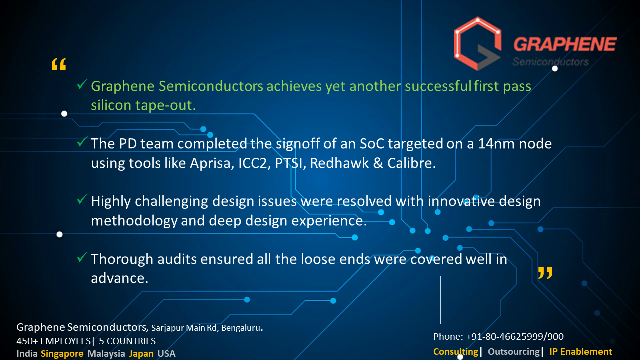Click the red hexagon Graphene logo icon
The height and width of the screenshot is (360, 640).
pyautogui.click(x=477, y=43)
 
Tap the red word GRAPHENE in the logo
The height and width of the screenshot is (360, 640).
pyautogui.click(x=565, y=44)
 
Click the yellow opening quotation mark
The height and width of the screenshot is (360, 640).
pyautogui.click(x=59, y=64)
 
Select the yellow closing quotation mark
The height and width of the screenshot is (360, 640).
pyautogui.click(x=545, y=273)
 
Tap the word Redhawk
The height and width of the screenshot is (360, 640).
pyautogui.click(x=339, y=163)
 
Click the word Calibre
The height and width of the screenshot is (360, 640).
pyautogui.click(x=411, y=163)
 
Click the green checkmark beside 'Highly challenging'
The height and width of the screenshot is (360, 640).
pyautogui.click(x=82, y=199)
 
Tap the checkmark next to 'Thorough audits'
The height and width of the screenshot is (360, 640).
pyautogui.click(x=82, y=257)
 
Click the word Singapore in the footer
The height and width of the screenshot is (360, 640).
pyautogui.click(x=62, y=354)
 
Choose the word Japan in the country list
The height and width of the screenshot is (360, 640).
pyautogui.click(x=141, y=354)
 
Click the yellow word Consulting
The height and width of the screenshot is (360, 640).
pyautogui.click(x=456, y=352)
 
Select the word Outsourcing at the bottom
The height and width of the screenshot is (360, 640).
pyautogui.click(x=514, y=352)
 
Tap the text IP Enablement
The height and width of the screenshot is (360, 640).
pyautogui.click(x=581, y=352)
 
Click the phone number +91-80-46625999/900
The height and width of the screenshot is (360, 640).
pyautogui.click(x=515, y=337)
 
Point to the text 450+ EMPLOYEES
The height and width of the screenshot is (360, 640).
pyautogui.click(x=53, y=341)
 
